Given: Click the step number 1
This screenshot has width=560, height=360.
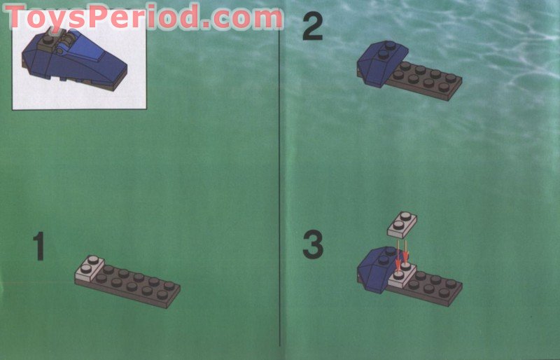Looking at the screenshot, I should click(39, 247).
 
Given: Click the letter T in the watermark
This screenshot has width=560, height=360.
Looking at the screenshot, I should click(19, 18).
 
